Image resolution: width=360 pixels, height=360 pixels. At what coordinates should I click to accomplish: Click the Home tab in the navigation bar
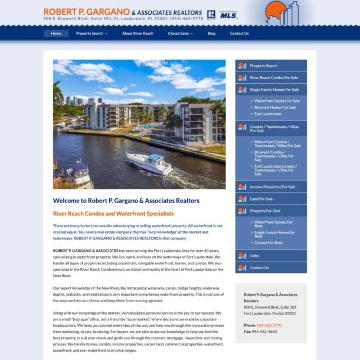[56, 34]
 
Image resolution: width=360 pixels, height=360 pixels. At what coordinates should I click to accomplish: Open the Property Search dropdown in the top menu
[91, 34]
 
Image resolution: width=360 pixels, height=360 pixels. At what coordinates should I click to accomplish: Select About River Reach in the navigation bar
[138, 34]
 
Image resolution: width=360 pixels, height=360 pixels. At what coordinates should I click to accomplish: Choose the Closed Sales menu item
[180, 34]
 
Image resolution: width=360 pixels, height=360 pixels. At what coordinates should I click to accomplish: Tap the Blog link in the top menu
[211, 34]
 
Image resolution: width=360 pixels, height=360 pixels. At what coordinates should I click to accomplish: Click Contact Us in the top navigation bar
[239, 34]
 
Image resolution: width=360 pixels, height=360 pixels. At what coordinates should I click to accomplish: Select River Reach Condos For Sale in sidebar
[274, 77]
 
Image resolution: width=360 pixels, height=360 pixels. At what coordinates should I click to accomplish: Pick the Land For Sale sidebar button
[261, 199]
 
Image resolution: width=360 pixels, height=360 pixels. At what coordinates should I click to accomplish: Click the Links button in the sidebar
[254, 256]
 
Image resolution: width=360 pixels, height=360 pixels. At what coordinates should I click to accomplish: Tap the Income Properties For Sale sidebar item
[272, 186]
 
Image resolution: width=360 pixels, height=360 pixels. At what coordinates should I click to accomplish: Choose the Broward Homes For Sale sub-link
[275, 107]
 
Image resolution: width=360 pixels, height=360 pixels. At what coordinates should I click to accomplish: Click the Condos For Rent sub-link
[268, 243]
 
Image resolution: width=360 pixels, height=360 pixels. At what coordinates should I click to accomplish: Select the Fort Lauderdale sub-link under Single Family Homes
[268, 114]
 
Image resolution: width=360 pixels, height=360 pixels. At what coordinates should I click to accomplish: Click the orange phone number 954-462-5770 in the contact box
[269, 325]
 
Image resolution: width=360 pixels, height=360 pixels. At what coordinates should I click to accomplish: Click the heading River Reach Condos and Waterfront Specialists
[113, 214]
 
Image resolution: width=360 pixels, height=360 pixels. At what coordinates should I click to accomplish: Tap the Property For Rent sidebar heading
[265, 211]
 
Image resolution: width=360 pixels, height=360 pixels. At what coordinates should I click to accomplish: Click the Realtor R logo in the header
[211, 14]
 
